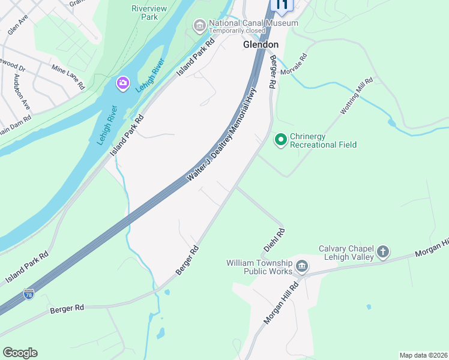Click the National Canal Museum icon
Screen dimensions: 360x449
coord(199,26)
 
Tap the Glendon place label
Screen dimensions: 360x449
coord(261,44)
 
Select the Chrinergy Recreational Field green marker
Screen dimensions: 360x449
coord(280,140)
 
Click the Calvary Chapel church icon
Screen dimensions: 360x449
coord(383,252)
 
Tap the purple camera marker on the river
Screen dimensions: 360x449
coord(123,82)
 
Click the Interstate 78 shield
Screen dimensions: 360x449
coord(29,294)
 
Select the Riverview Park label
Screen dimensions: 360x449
coord(145,13)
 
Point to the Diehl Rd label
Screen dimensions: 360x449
coord(274,239)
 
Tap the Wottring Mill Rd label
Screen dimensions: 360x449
coord(357,95)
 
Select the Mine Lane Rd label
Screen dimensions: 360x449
coord(68,77)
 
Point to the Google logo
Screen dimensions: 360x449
coord(20,353)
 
